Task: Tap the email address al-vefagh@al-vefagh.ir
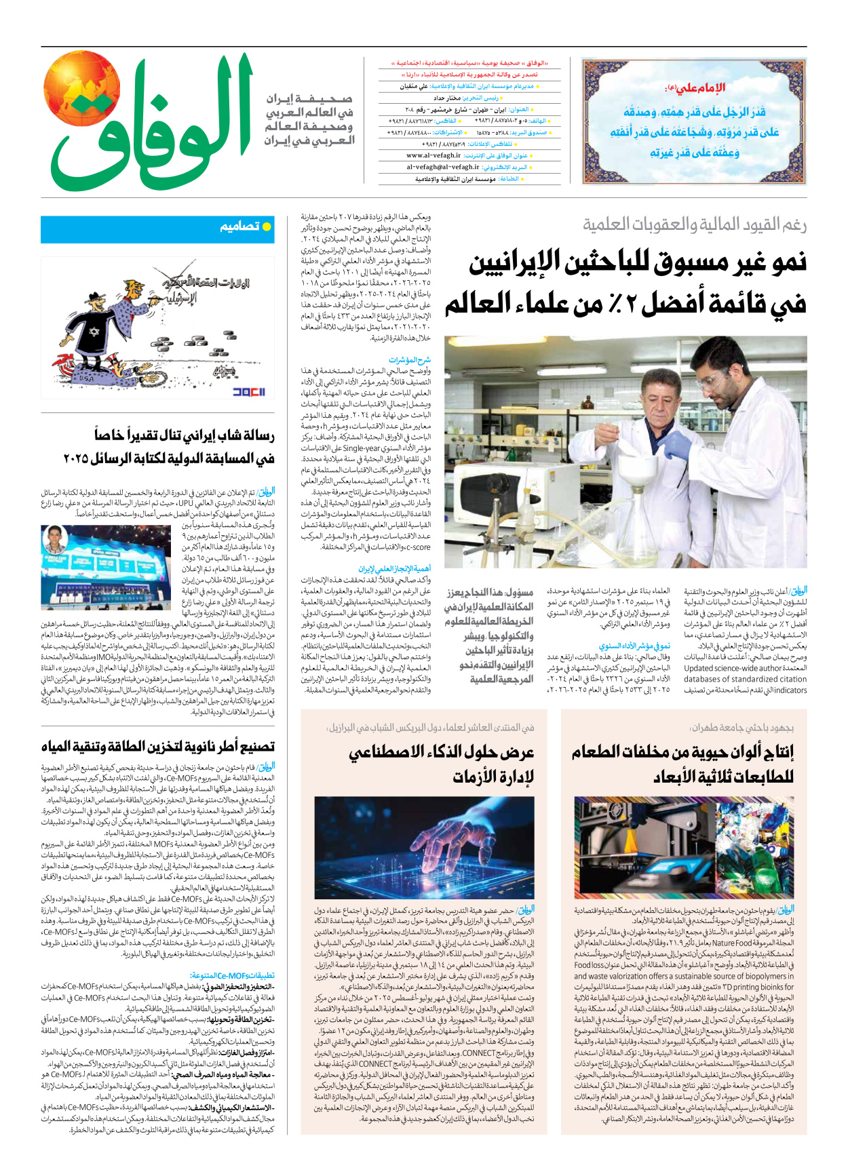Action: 442,167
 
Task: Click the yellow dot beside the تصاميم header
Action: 267,227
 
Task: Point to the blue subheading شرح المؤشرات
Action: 409,360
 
